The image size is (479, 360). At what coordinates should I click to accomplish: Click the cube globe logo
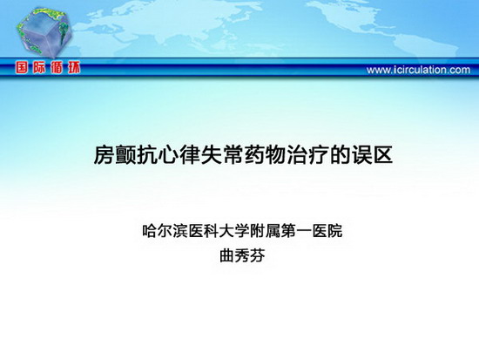44,32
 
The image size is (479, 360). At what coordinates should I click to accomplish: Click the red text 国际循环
48,68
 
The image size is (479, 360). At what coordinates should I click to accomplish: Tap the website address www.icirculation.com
418,70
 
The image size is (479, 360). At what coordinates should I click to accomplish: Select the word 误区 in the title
372,155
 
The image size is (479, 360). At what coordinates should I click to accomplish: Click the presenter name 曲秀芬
242,256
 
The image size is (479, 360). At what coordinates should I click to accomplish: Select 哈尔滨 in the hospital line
165,231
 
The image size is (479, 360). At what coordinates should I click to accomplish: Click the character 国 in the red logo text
22,68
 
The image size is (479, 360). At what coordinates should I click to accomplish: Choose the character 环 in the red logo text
74,68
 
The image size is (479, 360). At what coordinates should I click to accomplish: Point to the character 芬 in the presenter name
257,256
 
